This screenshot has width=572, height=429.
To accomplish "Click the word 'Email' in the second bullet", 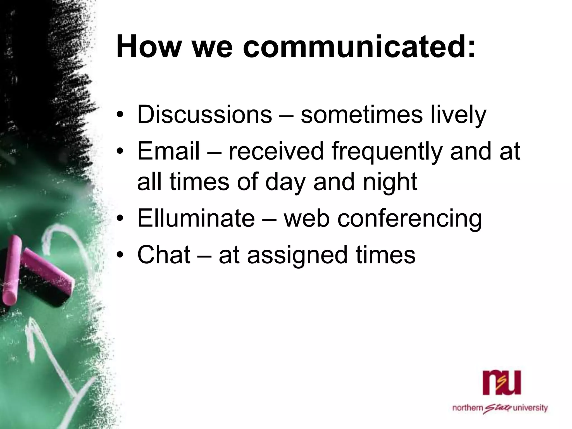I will (169, 151).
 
